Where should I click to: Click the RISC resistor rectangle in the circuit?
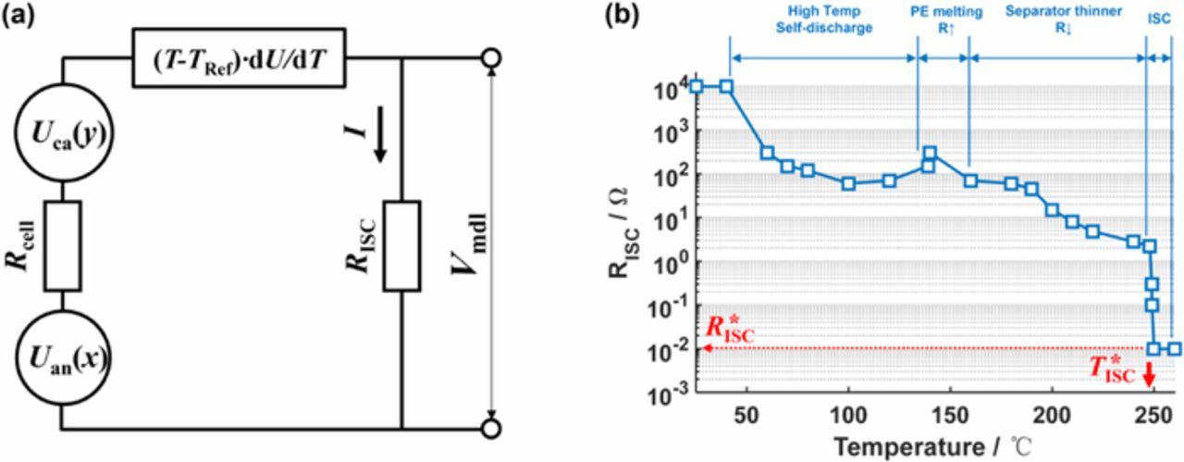[403, 244]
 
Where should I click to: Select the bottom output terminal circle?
[493, 430]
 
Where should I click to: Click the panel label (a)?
[20, 16]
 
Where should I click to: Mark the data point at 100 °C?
[849, 183]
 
